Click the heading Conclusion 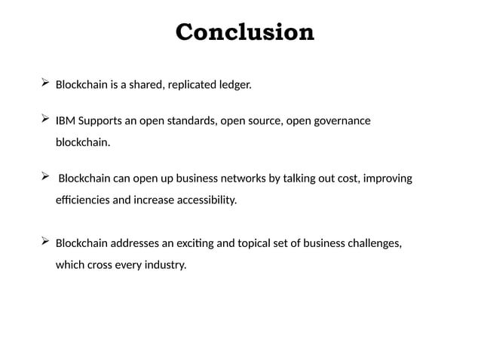pyautogui.click(x=244, y=33)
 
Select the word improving pyautogui.click(x=387, y=179)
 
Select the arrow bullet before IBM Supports pyautogui.click(x=45, y=119)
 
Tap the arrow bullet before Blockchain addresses pyautogui.click(x=45, y=241)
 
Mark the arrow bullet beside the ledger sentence pyautogui.click(x=45, y=83)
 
